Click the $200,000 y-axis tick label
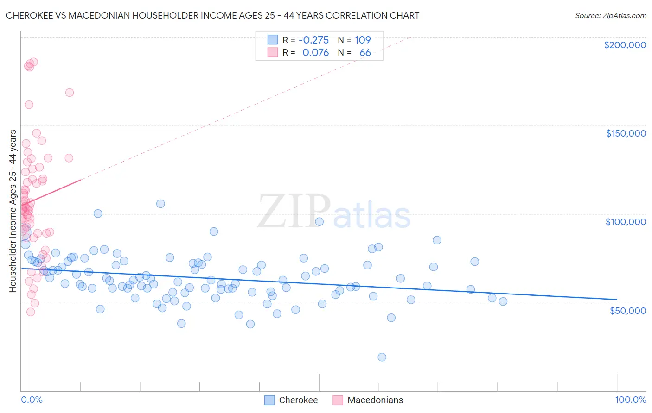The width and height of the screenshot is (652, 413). click(625, 45)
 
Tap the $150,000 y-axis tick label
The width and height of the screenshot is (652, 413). click(626, 133)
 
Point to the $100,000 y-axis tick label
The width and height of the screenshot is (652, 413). click(626, 222)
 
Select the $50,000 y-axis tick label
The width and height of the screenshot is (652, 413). click(627, 310)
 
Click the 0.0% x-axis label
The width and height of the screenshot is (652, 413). click(32, 400)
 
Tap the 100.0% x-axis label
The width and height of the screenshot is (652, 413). click(630, 400)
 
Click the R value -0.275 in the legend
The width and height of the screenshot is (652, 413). click(313, 40)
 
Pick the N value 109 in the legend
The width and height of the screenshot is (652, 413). click(363, 40)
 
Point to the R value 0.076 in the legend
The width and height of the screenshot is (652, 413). click(315, 52)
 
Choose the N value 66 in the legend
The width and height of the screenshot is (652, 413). click(365, 52)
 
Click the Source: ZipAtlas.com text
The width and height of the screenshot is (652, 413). click(610, 15)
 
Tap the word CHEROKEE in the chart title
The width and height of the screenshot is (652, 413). click(28, 15)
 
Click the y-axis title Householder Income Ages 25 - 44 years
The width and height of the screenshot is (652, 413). click(13, 211)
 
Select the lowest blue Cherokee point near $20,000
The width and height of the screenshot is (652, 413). click(382, 357)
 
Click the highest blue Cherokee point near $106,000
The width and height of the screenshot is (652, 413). click(160, 204)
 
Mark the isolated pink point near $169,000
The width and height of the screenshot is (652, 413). click(70, 93)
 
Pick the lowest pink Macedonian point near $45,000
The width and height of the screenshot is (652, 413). click(31, 312)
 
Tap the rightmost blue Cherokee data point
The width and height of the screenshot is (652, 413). click(503, 301)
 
